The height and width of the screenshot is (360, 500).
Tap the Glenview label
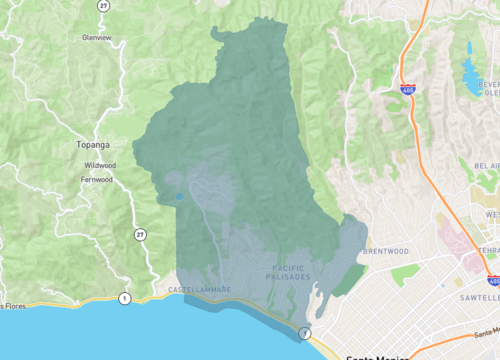98,38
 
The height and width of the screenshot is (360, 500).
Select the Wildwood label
100,165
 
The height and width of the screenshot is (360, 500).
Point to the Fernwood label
96,180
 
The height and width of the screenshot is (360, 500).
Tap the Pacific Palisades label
289,271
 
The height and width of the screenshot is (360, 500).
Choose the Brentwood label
388,251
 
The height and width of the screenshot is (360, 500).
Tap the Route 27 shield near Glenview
103,6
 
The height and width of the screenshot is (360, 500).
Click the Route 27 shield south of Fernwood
140,233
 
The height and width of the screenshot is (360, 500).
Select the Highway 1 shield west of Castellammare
124,297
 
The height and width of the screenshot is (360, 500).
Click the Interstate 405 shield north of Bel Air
407,90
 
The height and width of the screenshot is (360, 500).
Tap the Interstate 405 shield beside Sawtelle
492,280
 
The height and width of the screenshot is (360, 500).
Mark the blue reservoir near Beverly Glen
469,72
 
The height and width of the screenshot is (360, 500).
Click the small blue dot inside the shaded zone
178,197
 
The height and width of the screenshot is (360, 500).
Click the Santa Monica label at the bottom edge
370,356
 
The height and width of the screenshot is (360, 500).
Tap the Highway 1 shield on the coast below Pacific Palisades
305,332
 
